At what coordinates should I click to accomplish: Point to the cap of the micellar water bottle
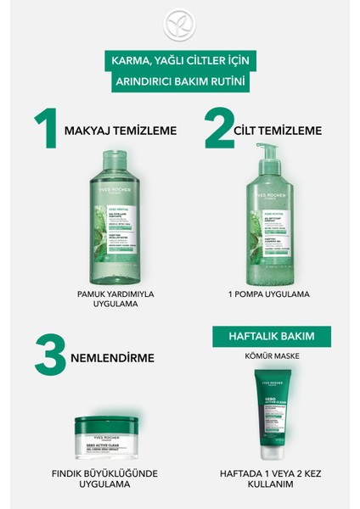(113, 154)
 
